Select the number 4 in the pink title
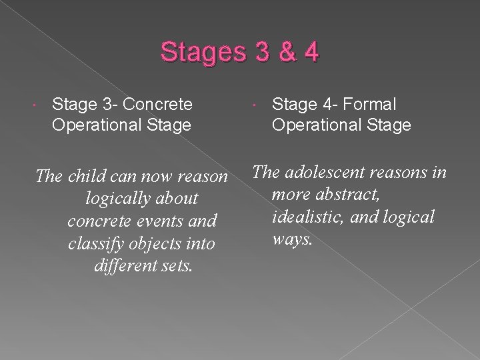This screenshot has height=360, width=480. pos(309,53)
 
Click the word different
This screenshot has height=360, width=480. pos(123,267)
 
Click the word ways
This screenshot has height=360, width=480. pos(293,239)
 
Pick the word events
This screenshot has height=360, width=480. pos(156,222)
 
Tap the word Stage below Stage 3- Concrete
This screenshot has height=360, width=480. pos(161,125)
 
